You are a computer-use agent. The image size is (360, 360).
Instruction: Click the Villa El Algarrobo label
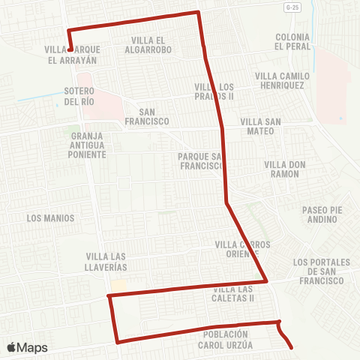coord(151,44)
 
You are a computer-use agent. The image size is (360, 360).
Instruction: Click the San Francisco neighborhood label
coord(148,115)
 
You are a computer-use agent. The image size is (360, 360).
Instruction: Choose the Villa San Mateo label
coord(261,125)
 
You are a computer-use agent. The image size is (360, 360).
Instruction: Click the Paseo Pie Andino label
coord(321,215)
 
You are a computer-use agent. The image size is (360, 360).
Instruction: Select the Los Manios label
coord(50,218)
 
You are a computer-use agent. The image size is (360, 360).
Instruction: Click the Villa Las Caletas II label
coord(234,293)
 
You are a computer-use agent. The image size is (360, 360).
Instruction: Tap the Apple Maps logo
coord(27,347)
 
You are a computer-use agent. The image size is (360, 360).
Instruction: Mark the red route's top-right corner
coord(198,12)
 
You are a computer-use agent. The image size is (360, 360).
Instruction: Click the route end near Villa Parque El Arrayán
coord(70,49)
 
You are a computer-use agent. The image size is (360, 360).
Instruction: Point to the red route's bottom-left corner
coord(117,342)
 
